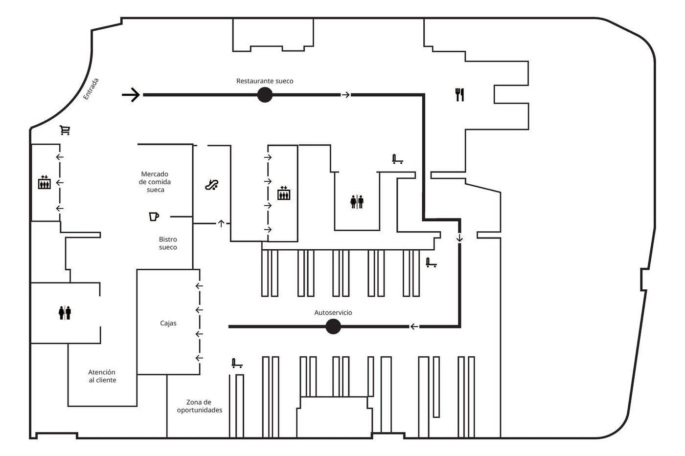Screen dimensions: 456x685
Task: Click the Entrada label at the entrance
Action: click(x=91, y=89)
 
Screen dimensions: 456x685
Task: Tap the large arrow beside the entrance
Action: click(x=131, y=95)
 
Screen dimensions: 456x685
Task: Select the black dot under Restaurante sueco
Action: click(x=265, y=95)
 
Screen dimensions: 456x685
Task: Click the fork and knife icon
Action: click(x=459, y=94)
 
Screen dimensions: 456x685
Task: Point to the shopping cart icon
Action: click(x=65, y=130)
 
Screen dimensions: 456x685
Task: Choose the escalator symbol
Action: click(x=211, y=185)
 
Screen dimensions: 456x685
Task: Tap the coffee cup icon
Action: click(x=154, y=216)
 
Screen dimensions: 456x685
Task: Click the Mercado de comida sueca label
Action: click(x=155, y=182)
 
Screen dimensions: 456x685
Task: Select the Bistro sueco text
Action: click(x=168, y=243)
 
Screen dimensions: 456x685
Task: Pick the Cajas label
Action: click(x=168, y=323)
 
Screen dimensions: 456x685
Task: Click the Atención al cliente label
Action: click(x=102, y=376)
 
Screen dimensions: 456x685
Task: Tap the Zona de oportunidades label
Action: click(x=199, y=406)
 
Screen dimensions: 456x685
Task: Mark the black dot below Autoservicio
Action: click(x=333, y=326)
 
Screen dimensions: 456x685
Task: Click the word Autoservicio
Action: click(x=333, y=313)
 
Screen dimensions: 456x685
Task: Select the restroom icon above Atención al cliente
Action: click(x=65, y=312)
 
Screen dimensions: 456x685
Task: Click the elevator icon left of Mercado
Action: click(x=45, y=183)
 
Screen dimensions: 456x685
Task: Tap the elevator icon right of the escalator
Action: click(x=284, y=194)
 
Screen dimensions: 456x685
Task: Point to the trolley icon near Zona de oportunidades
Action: click(x=237, y=363)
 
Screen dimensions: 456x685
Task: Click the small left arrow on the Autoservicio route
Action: click(x=414, y=326)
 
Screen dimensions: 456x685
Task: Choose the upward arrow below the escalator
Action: click(x=221, y=223)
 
